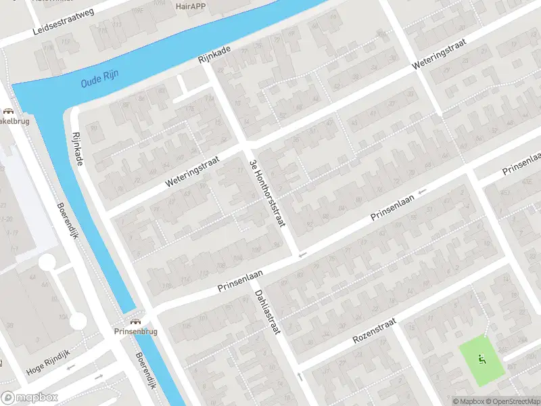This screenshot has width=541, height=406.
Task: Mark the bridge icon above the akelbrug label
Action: pos(8,112)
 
